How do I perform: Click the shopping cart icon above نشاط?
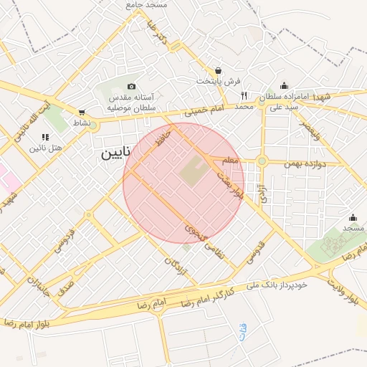click(82, 112)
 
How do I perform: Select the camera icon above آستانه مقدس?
click(130, 87)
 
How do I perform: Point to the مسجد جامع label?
click(146, 5)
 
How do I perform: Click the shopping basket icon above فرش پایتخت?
click(218, 70)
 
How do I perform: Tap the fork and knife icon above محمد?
click(244, 95)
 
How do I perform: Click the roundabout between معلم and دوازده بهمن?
click(262, 161)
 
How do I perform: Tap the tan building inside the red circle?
click(191, 171)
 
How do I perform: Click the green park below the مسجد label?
click(332, 247)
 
